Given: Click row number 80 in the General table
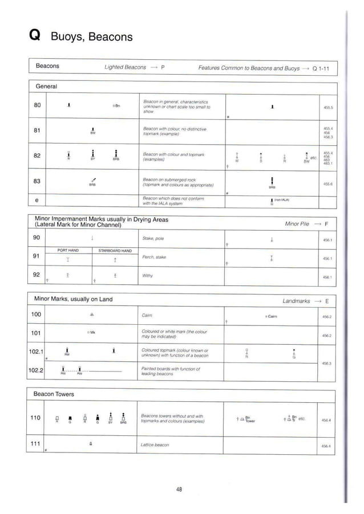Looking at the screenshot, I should [37, 105].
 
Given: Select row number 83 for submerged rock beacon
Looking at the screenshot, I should [37, 182].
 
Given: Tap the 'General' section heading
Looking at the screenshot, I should [47, 86].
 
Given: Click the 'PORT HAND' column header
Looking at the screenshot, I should [68, 250].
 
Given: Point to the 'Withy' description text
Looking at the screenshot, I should [147, 276].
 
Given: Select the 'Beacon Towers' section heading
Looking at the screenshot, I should [54, 394].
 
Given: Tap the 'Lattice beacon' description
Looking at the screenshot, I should [155, 443].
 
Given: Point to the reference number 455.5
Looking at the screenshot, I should [328, 107].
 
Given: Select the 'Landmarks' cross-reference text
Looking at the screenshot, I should [296, 300].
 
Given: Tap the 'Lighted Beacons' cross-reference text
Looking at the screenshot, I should [126, 67].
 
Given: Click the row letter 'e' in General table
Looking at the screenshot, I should [37, 200].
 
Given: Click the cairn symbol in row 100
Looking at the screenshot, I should [92, 314].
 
